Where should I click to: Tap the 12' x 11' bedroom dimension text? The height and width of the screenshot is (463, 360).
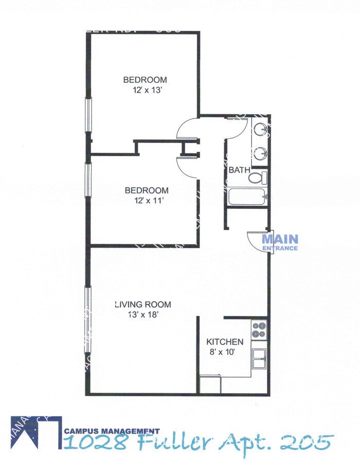[x=147, y=201]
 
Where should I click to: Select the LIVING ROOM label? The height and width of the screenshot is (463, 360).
[x=142, y=304]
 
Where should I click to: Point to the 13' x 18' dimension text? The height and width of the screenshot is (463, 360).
[x=142, y=314]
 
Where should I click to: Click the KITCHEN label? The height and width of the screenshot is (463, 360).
[x=224, y=342]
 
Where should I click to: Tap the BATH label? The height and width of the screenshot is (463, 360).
[x=239, y=170]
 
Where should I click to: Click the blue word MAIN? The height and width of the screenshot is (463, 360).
[x=280, y=239]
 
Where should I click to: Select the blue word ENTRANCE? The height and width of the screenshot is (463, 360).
[x=280, y=248]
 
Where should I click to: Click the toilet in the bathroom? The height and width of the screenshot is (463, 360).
[x=258, y=178]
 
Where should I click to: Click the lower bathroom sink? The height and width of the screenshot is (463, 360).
[x=261, y=152]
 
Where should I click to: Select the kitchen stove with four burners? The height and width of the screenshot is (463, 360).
[x=259, y=329]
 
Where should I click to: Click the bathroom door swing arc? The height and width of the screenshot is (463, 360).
[x=235, y=127]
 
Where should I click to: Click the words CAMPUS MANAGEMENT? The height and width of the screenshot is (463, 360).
[x=112, y=431]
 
